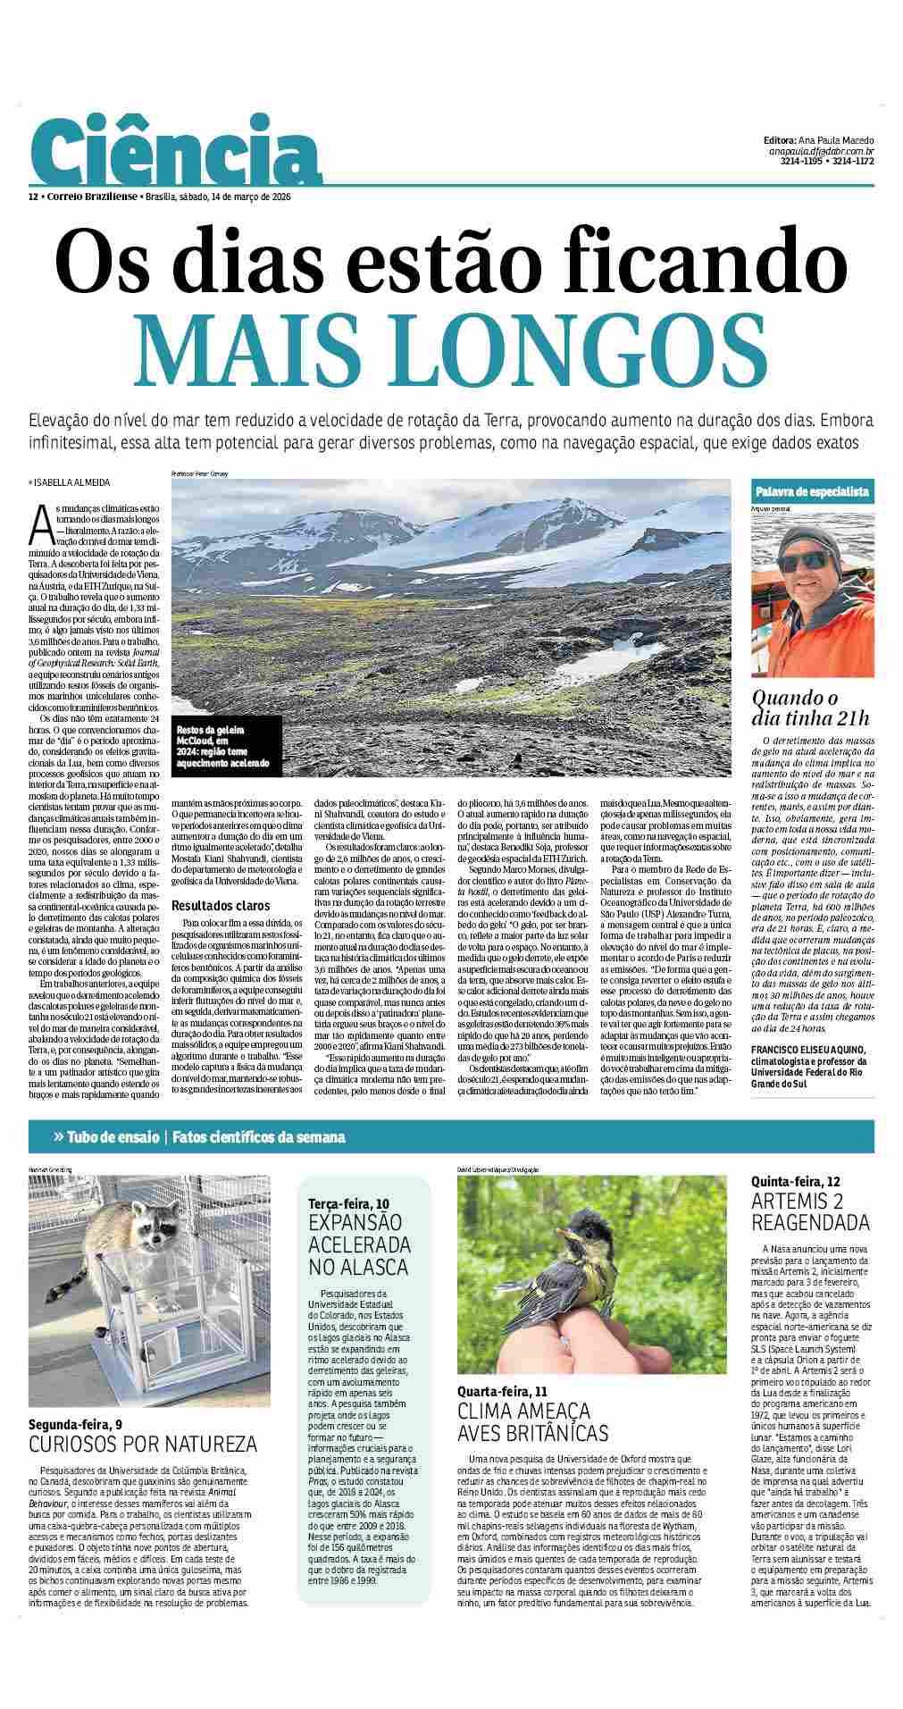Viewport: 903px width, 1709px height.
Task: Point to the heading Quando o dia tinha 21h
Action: click(809, 708)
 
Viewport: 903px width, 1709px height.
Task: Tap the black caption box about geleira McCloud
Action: click(227, 748)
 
